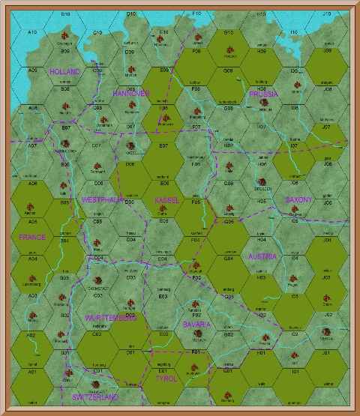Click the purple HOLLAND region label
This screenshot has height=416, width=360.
[x=64, y=71]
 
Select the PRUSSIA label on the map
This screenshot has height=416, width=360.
[x=262, y=94]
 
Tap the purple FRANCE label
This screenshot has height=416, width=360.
[x=32, y=237]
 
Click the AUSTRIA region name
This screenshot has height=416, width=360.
[x=262, y=256]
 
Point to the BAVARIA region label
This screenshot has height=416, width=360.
[x=196, y=325]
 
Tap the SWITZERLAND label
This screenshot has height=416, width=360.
[x=95, y=396]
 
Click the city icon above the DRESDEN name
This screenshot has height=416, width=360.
[x=262, y=181]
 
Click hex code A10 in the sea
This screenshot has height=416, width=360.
[x=31, y=32]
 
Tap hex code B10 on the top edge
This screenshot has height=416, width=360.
[x=65, y=14]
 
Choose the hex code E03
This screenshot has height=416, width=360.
[x=163, y=297]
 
